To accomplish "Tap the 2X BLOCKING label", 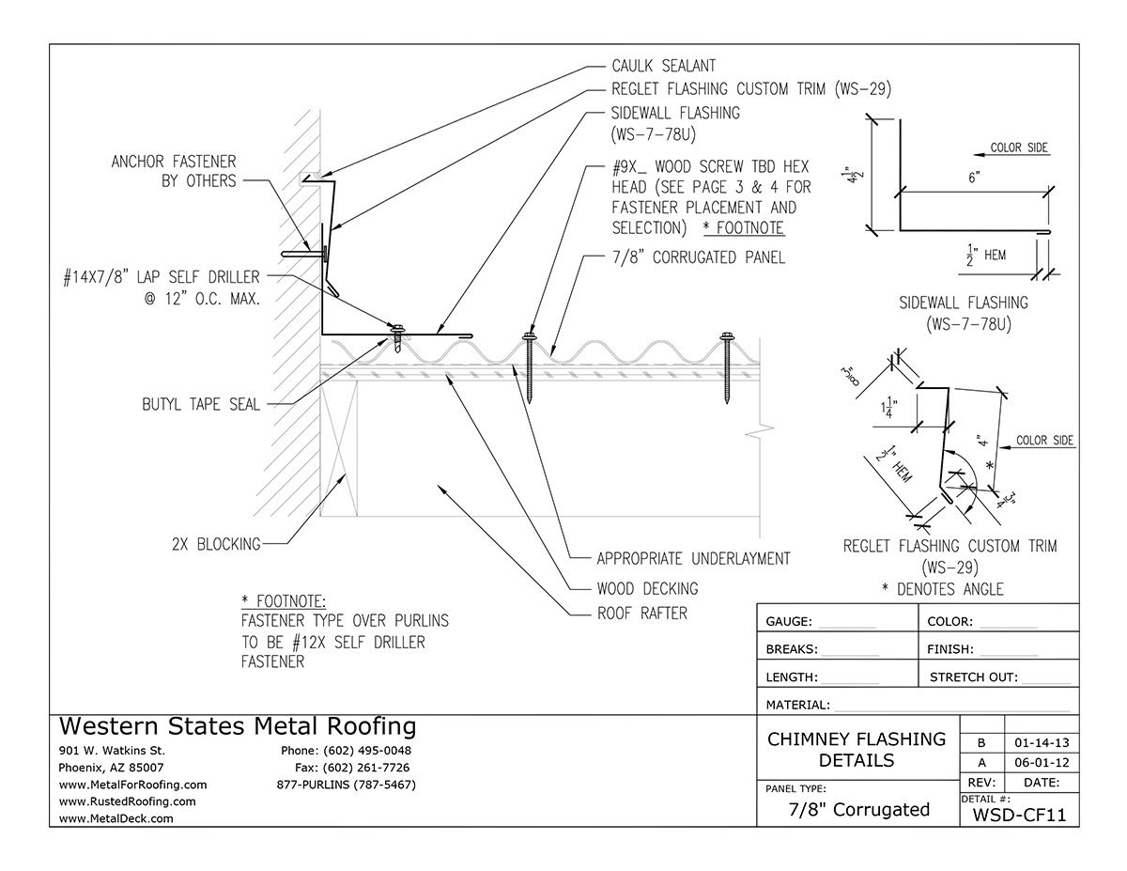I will (x=215, y=542).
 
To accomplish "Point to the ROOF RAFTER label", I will (x=642, y=614).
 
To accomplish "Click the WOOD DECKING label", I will (x=647, y=588).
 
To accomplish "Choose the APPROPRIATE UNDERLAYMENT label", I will (x=693, y=559).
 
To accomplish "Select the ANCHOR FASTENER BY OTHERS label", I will (x=174, y=171).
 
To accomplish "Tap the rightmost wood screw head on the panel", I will (x=726, y=336).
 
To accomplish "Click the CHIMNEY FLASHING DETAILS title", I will (x=857, y=749).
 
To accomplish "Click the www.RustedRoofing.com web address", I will (x=127, y=801).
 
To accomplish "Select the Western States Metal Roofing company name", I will (x=238, y=726).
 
